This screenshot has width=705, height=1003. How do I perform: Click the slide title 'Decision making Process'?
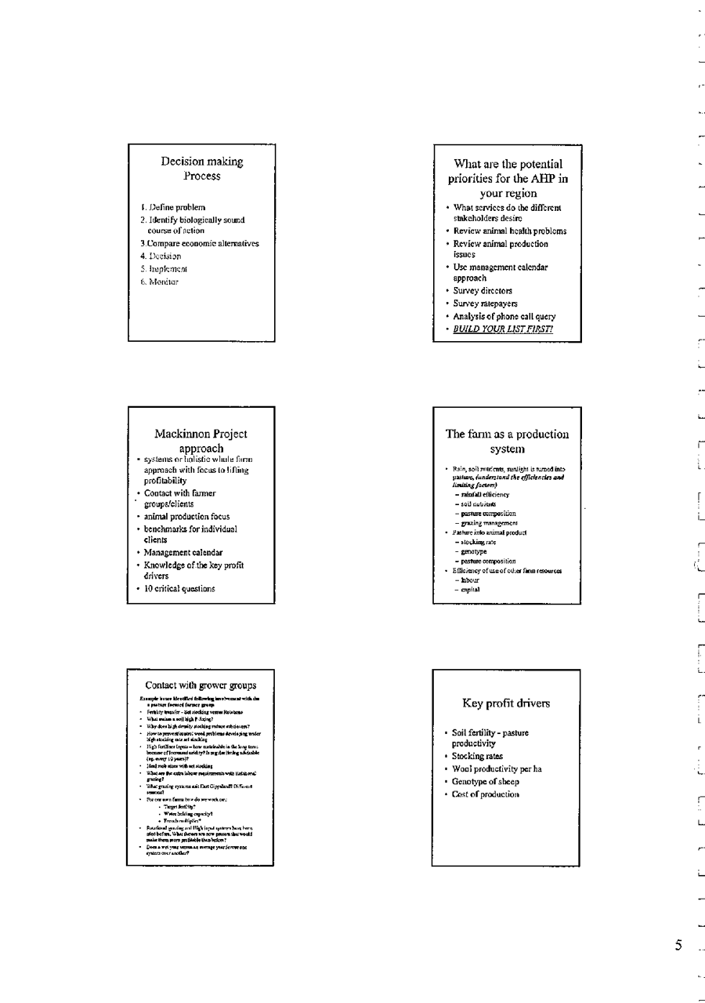point(202,169)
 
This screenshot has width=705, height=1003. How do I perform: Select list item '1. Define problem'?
point(173,207)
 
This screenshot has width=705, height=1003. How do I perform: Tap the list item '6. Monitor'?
point(161,282)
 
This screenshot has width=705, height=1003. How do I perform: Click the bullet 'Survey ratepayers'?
point(485,303)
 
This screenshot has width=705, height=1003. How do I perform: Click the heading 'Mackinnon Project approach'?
point(201,441)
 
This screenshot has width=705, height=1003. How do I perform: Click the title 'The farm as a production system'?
point(507,442)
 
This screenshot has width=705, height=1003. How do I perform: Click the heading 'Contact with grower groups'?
point(201,685)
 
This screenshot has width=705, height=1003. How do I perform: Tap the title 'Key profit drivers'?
point(506,703)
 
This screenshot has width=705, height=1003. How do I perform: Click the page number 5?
point(678,945)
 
